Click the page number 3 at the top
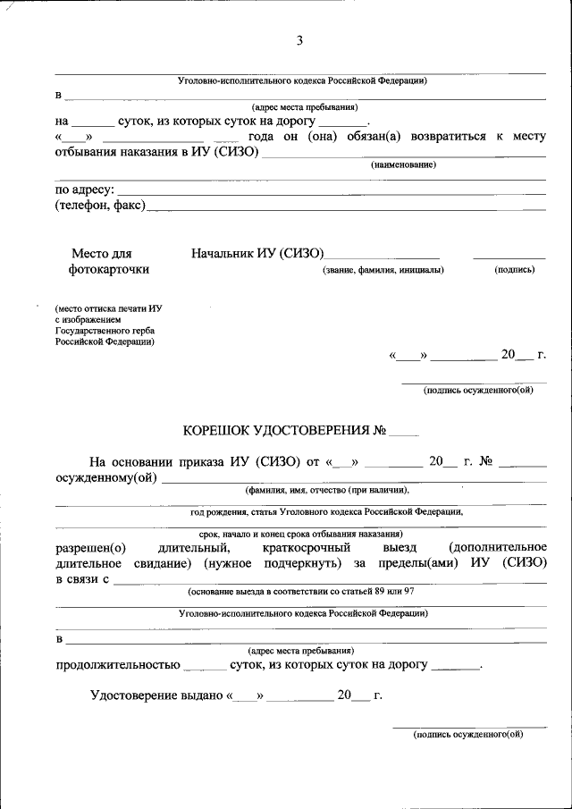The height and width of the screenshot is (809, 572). [300, 41]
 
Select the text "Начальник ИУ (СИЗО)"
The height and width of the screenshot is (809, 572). [257, 254]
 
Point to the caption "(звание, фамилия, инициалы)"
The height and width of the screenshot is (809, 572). [383, 270]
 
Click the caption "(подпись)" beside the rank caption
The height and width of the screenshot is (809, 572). [514, 270]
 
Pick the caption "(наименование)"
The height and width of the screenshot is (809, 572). [403, 164]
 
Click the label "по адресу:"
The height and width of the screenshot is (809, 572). [85, 190]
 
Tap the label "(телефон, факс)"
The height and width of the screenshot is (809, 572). [99, 206]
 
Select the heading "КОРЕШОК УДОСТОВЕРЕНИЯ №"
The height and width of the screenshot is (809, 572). [284, 430]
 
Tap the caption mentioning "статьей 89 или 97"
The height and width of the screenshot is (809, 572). [300, 592]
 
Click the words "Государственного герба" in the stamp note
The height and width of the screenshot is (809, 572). [101, 329]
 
